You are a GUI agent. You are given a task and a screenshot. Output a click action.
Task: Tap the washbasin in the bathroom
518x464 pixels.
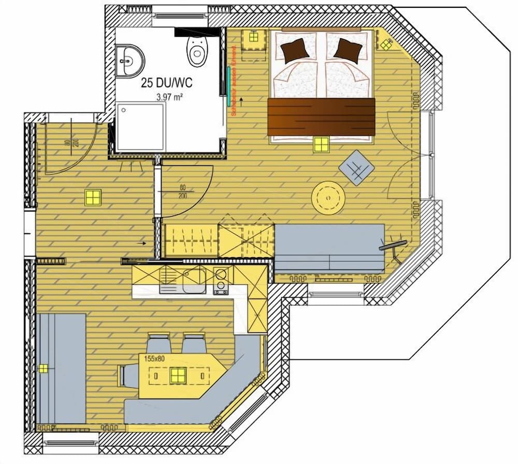point(129,58)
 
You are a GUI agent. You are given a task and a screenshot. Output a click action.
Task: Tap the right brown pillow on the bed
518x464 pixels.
point(348,50)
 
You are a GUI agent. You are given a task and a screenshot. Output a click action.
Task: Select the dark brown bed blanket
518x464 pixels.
point(321,117)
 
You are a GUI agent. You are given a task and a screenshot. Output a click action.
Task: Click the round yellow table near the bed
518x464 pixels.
point(328,197)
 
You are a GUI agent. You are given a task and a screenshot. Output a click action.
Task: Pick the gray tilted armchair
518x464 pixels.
point(356,167)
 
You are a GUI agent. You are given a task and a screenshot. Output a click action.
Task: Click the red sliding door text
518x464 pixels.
point(234,81)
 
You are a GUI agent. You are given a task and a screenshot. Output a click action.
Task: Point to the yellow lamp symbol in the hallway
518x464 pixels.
point(93,198)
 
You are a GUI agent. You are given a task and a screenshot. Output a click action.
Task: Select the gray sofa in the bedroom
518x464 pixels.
point(329,248)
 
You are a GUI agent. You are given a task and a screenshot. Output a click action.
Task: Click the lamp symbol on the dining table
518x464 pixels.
point(178,374)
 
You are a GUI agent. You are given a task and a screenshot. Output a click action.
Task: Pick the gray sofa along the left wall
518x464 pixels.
point(62,368)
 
